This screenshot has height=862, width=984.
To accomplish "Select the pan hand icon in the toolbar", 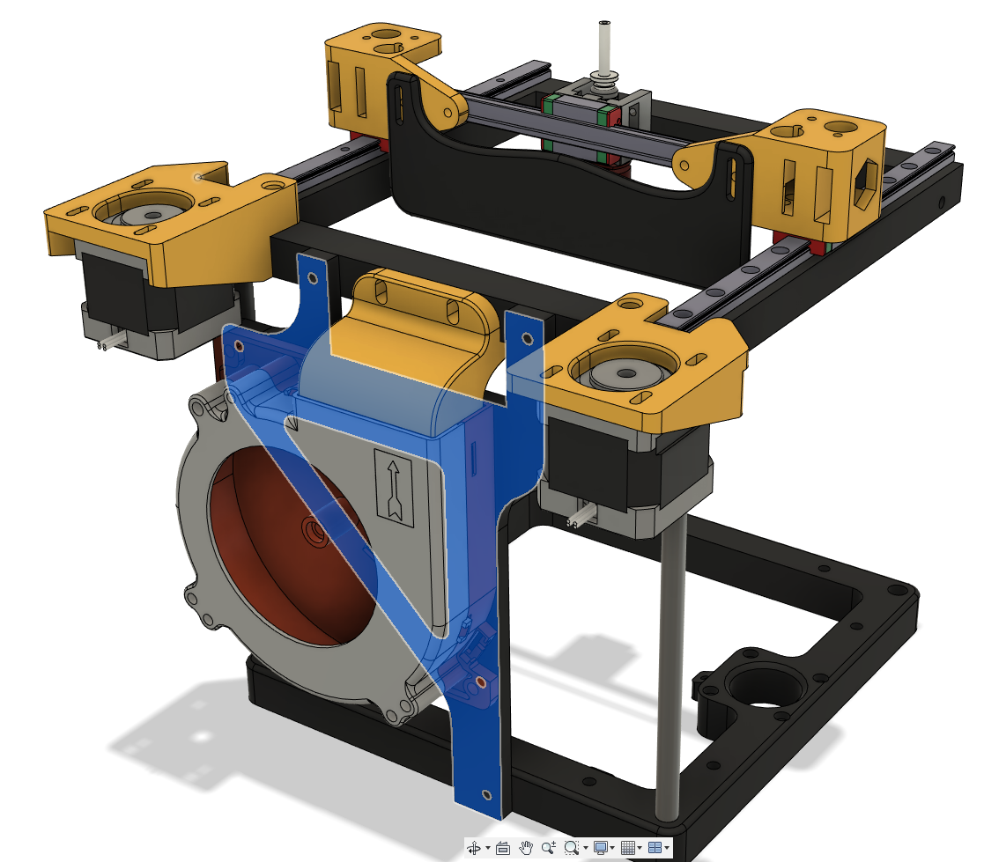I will pyautogui.click(x=526, y=848).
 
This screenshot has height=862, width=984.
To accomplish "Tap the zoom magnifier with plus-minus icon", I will pyautogui.click(x=549, y=848).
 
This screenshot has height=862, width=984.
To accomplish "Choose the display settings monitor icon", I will pyautogui.click(x=601, y=848).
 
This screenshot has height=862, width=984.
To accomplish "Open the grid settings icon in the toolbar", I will pyautogui.click(x=627, y=848).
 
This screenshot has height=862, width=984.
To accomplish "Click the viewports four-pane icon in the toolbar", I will pyautogui.click(x=655, y=848).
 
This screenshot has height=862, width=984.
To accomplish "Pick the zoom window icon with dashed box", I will pyautogui.click(x=572, y=848).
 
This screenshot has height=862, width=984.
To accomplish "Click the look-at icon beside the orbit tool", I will pyautogui.click(x=502, y=848).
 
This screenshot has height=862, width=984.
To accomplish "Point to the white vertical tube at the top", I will pyautogui.click(x=603, y=48).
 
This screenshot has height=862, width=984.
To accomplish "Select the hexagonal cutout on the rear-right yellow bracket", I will pyautogui.click(x=862, y=181).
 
